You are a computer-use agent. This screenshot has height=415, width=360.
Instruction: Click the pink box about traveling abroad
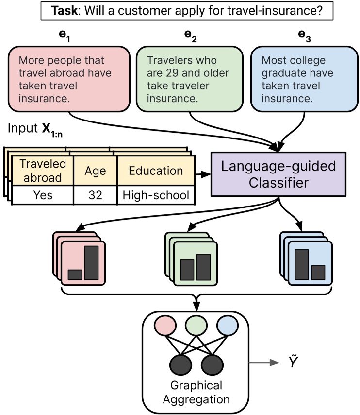69,79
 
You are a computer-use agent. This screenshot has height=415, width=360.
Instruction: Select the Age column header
95,171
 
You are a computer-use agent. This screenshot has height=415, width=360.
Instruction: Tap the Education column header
156,171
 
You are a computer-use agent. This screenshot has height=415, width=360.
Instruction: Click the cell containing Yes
43,195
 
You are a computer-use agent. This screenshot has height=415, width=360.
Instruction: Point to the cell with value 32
95,195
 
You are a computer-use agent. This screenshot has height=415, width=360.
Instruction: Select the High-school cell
156,195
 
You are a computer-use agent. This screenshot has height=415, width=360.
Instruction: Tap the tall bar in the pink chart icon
91,262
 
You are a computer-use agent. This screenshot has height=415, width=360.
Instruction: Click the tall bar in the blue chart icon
302,264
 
